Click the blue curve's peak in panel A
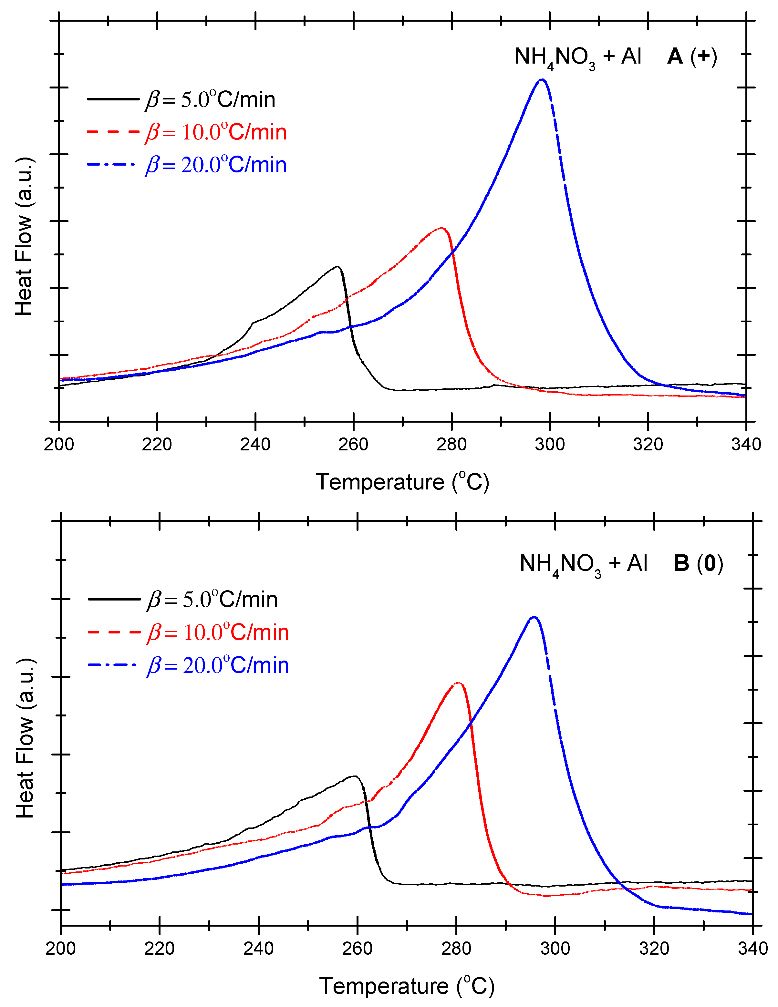point(542,80)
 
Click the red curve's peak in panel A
point(442,228)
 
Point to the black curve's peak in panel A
point(338,266)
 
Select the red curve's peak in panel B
point(458,683)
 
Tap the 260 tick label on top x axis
point(353,445)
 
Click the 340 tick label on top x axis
point(746,445)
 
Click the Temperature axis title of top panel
point(402,482)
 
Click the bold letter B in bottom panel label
point(681,563)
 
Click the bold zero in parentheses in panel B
point(710,563)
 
